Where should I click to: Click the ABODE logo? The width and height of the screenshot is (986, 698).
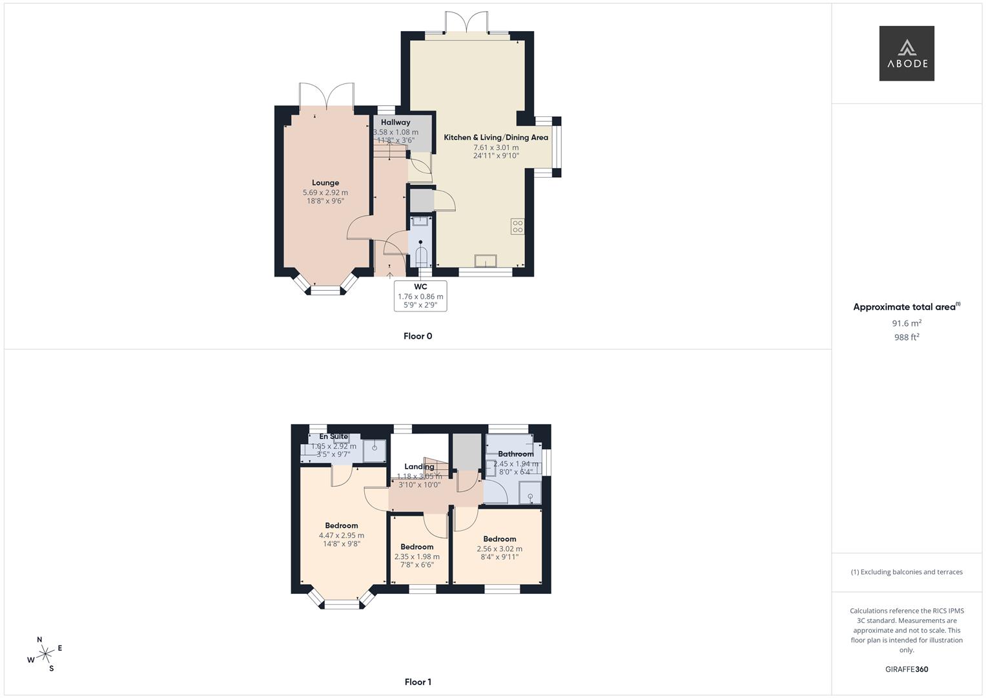click(906, 54)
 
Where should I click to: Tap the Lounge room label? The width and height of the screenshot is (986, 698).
click(325, 183)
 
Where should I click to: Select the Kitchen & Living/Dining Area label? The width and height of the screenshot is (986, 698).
click(495, 138)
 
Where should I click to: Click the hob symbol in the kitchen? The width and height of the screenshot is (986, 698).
click(517, 226)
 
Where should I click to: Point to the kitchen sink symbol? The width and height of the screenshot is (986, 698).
click(485, 260)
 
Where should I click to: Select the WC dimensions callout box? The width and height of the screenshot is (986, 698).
click(420, 296)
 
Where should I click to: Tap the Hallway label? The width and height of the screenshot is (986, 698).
click(395, 122)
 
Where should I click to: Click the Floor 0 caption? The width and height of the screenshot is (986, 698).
click(418, 336)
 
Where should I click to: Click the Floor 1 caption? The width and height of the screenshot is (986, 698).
click(418, 682)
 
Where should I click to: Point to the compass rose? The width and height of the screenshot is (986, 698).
click(45, 654)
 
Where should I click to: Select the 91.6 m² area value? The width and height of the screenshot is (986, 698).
click(907, 323)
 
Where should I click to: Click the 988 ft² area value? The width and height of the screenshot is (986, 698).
click(907, 337)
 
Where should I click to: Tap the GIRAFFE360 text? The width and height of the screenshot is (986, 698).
click(907, 670)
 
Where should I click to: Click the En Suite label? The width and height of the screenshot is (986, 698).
click(333, 437)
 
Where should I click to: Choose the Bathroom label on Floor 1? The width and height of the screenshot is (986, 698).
click(515, 454)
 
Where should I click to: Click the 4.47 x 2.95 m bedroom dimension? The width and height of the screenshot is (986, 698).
click(342, 535)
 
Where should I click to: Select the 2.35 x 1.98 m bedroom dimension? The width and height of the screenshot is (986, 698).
click(417, 556)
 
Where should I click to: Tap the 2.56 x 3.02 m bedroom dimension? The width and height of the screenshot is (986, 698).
click(500, 549)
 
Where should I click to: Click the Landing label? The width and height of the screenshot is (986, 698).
click(419, 467)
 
